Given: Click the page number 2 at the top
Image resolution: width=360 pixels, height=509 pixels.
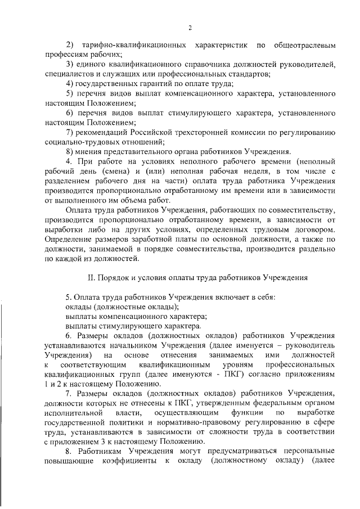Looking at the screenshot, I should pyautogui.click(x=191, y=28).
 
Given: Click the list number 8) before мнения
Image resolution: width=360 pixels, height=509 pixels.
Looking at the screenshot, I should pyautogui.click(x=70, y=151).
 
